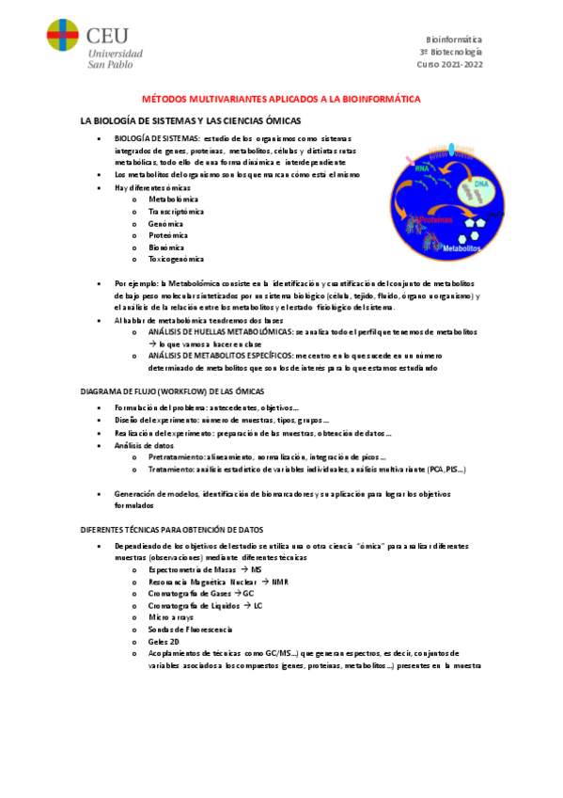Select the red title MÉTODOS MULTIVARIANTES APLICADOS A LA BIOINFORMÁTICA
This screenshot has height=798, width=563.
pos(281,99)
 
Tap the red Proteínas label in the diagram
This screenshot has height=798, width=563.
pos(434,219)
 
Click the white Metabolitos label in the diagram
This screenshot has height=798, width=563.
pos(461,248)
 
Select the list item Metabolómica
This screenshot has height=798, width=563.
pos(173,199)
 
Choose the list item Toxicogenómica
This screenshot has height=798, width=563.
pos(176,259)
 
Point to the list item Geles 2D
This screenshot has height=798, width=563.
pos(164,641)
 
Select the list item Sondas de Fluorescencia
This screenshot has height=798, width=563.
pos(190,629)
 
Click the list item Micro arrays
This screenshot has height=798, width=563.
pos(171,617)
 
